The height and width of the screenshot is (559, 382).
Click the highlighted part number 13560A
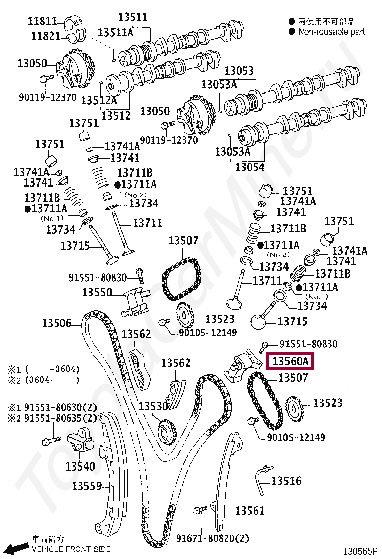coord(291,361)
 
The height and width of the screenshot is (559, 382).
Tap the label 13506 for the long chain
coord(56,323)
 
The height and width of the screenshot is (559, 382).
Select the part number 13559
coord(86,486)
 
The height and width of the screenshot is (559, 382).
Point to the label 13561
coord(249,511)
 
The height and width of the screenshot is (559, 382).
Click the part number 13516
coord(286,481)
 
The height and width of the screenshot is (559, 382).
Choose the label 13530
coord(153,406)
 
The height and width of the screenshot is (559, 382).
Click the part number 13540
coord(80,466)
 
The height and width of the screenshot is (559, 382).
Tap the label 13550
coord(97,292)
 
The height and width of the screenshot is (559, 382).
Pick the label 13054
coord(249,166)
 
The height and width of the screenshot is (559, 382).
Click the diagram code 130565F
coord(359,552)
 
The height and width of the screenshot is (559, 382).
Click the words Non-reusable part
coord(331,32)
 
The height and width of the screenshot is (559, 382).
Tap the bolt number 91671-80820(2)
coord(213,539)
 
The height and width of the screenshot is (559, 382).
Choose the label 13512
coord(116,115)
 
